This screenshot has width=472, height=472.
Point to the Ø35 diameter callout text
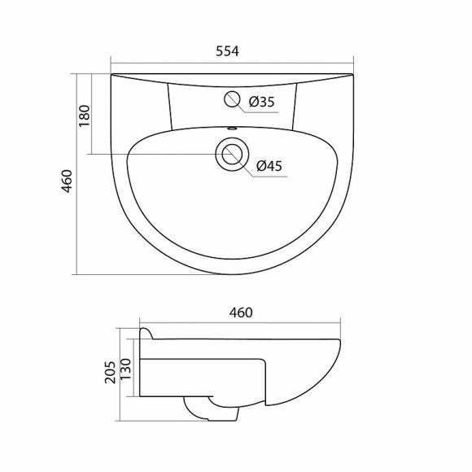pyautogui.click(x=261, y=102)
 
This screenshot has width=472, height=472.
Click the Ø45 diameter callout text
pyautogui.click(x=269, y=167)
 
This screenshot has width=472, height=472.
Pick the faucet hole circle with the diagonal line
pyautogui.click(x=233, y=100)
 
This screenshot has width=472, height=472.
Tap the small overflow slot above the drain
pyautogui.click(x=231, y=128)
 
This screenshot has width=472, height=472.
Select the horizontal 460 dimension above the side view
pyautogui.click(x=241, y=312)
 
